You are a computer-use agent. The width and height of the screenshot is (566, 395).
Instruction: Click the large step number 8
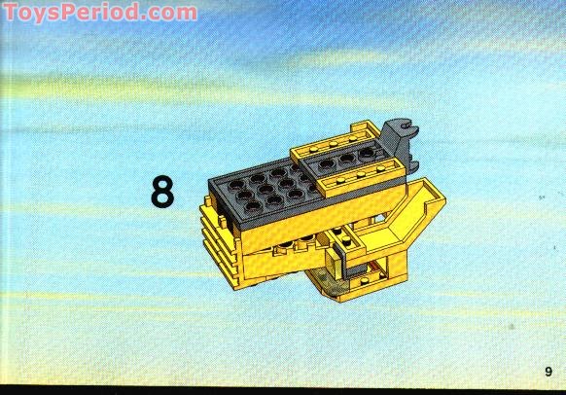pos(161,192)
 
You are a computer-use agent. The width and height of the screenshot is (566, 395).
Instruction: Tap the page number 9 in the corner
pos(548,371)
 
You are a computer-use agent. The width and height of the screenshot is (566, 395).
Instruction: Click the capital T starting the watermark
pos(10,13)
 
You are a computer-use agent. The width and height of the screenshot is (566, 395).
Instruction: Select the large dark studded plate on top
pos(262,184)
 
